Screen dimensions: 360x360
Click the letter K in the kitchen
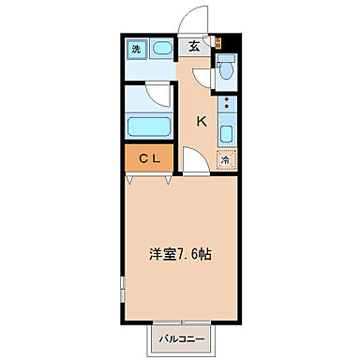point(201,120)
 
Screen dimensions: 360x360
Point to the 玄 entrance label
point(193,44)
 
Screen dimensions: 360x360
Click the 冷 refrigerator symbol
point(225,159)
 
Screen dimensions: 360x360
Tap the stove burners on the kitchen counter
point(226,132)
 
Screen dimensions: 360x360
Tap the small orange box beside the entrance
point(216,42)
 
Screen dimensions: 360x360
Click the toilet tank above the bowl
point(225,62)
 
